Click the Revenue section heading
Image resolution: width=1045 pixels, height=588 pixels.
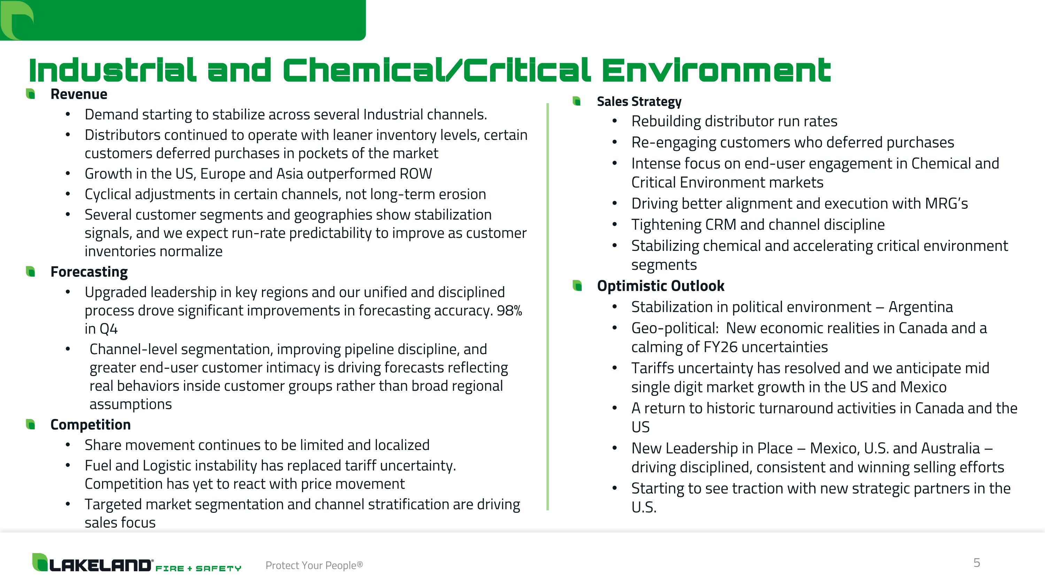(79, 94)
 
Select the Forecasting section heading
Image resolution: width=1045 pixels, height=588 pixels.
(89, 272)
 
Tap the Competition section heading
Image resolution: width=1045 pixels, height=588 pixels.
(91, 425)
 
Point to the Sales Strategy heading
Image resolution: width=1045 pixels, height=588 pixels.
(639, 101)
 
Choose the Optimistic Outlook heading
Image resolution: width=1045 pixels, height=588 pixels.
(660, 286)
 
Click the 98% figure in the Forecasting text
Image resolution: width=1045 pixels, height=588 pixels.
(510, 311)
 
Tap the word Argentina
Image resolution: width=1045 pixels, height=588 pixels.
(920, 307)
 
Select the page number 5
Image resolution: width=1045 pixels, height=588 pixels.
(976, 563)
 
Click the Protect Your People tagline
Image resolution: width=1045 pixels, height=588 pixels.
(314, 565)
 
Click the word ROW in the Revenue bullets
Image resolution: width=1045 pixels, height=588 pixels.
(416, 174)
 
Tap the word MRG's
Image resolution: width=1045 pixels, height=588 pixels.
(946, 204)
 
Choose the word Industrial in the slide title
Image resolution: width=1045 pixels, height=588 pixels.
(113, 71)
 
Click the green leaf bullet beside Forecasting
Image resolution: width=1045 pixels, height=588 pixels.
(30, 272)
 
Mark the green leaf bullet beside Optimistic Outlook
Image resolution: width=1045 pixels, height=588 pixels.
(577, 286)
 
